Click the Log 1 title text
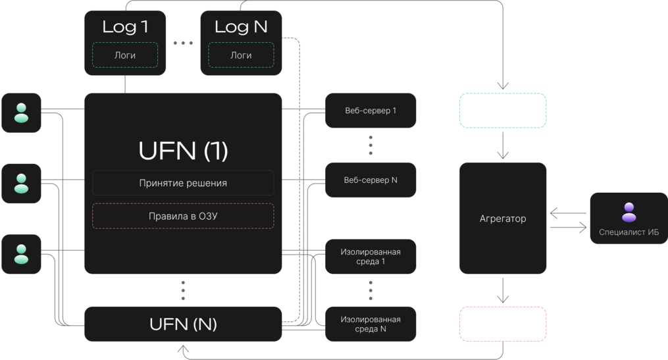pyautogui.click(x=125, y=27)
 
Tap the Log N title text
pyautogui.click(x=241, y=27)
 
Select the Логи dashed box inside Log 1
pyautogui.click(x=125, y=55)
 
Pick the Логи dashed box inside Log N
pyautogui.click(x=241, y=55)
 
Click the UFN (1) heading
pyautogui.click(x=183, y=151)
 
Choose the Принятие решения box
pyautogui.click(x=183, y=183)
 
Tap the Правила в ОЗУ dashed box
pyautogui.click(x=183, y=216)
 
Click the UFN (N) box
pyautogui.click(x=183, y=324)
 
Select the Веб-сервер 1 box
pyautogui.click(x=371, y=111)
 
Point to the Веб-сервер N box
pyautogui.click(x=371, y=180)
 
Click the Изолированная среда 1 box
pyautogui.click(x=371, y=257)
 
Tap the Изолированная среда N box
pyautogui.click(x=371, y=324)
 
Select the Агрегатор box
pyautogui.click(x=503, y=218)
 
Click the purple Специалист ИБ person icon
pyautogui.click(x=629, y=212)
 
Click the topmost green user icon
pyautogui.click(x=21, y=113)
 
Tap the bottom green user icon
pyautogui.click(x=21, y=254)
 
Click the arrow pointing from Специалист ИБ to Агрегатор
pyautogui.click(x=569, y=213)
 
